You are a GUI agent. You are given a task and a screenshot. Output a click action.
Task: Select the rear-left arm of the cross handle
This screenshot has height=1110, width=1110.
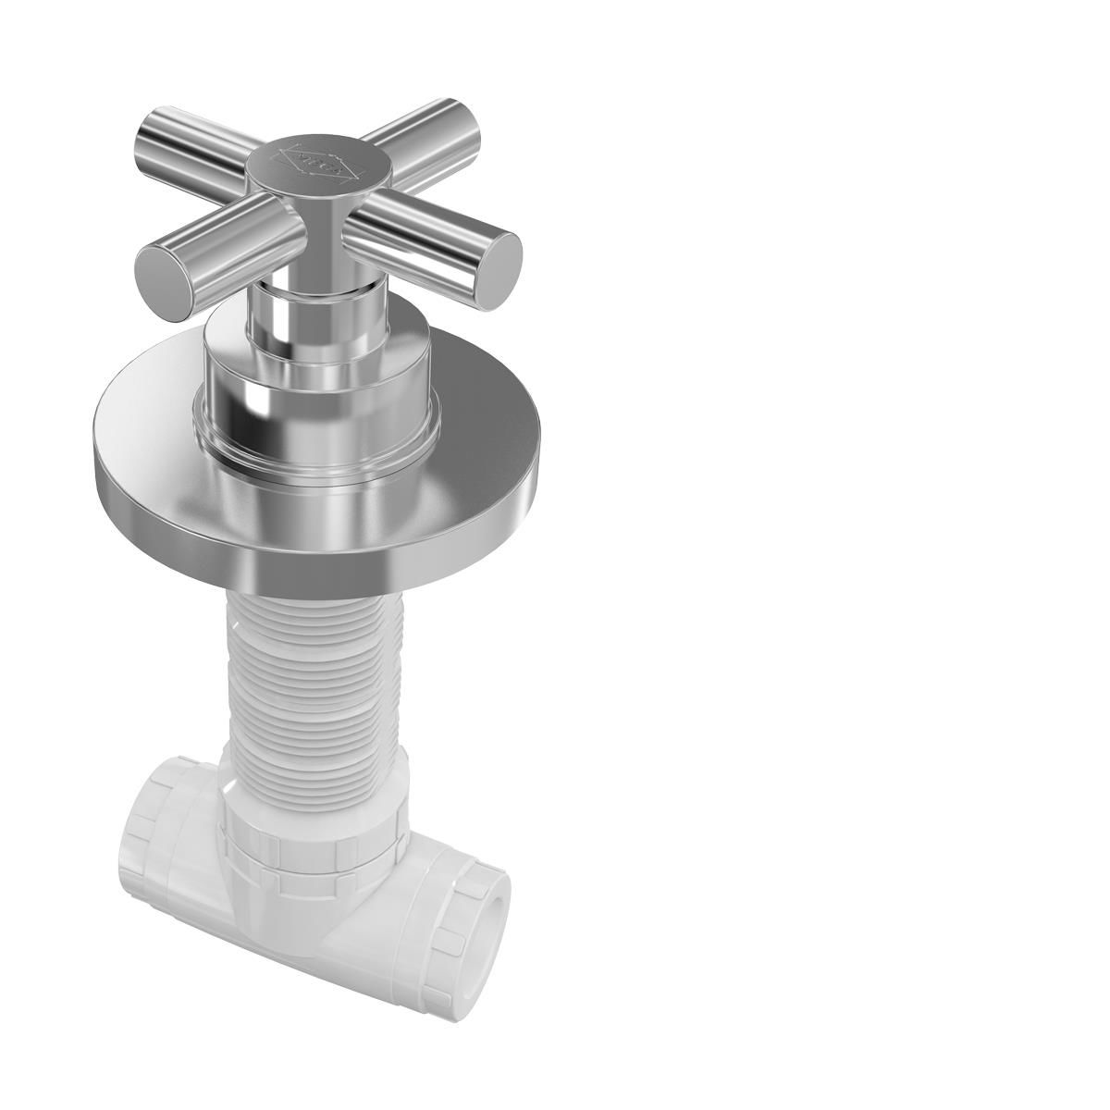point(185,139)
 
